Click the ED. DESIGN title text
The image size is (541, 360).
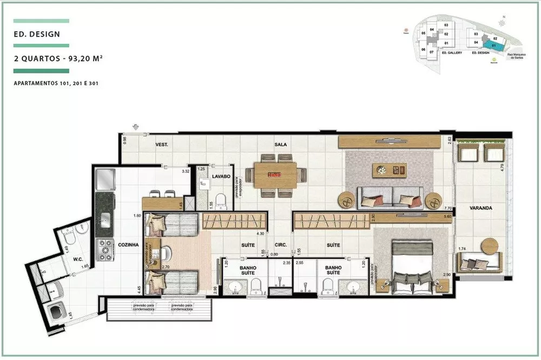pyautogui.click(x=37, y=34)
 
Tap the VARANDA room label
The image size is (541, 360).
pyautogui.click(x=480, y=207)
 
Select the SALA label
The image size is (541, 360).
pyautogui.click(x=280, y=145)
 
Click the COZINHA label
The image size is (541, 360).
pyautogui.click(x=128, y=245)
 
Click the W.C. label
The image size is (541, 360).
pyautogui.click(x=78, y=259)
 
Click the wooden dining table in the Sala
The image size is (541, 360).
pyautogui.click(x=276, y=175)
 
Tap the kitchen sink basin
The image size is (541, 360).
pyautogui.click(x=105, y=219)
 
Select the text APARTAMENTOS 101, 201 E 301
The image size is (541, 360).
pyautogui.click(x=56, y=84)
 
